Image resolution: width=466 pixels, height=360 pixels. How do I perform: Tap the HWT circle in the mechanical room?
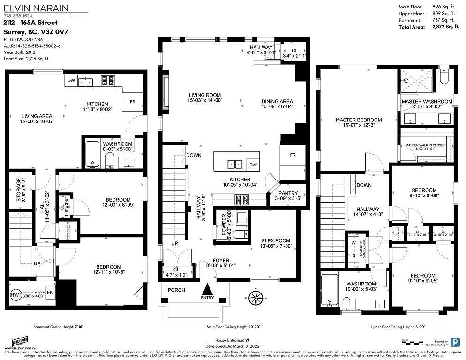tap(15, 296)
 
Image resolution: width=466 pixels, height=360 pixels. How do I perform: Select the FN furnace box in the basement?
tap(50, 292)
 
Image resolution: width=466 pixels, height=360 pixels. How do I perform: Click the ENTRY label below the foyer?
tap(207, 298)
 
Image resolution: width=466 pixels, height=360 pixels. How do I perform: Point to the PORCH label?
tap(176, 290)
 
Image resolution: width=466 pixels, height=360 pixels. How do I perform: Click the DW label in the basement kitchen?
tap(71, 81)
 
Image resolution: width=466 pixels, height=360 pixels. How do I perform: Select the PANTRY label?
tap(288, 193)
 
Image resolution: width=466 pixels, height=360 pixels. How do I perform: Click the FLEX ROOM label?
tap(276, 240)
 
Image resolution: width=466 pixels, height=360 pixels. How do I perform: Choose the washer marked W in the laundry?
tap(353, 243)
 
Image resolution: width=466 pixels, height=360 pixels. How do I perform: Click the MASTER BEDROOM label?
tap(359, 120)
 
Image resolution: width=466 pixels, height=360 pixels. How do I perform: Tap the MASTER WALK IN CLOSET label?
tap(425, 145)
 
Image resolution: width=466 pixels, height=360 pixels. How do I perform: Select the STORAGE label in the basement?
tap(19, 188)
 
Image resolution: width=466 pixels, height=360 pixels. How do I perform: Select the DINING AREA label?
tap(277, 101)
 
